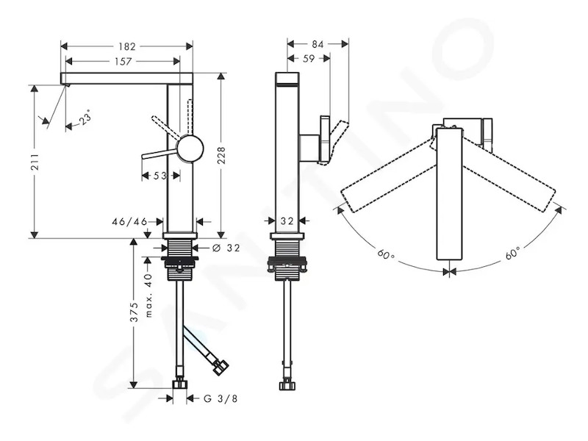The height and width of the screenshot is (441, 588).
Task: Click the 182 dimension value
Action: [126, 46]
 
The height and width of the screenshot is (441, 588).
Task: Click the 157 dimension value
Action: [123, 61]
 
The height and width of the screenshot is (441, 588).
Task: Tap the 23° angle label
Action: [85, 118]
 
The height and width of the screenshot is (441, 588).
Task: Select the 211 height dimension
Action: [35, 161]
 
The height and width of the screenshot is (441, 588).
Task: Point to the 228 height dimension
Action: [221, 155]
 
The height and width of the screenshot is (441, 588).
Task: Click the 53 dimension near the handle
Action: [159, 176]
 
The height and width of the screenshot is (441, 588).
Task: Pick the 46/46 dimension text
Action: [129, 222]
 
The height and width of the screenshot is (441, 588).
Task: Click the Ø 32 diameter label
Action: [226, 248]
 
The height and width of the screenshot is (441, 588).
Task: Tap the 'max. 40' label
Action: [148, 295]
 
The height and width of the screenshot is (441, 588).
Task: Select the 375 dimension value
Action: [134, 313]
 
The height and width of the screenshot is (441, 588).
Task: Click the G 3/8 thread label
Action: [220, 398]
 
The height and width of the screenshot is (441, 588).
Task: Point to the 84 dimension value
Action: [318, 44]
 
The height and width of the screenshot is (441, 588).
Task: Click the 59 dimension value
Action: [308, 59]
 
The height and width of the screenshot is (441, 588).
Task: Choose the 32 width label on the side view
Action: [287, 221]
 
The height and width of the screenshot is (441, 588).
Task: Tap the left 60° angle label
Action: [387, 255]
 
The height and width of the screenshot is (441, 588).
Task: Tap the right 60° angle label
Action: [512, 253]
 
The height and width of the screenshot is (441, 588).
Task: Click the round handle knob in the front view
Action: [190, 148]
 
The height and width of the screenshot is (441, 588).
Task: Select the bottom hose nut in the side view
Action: [287, 385]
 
